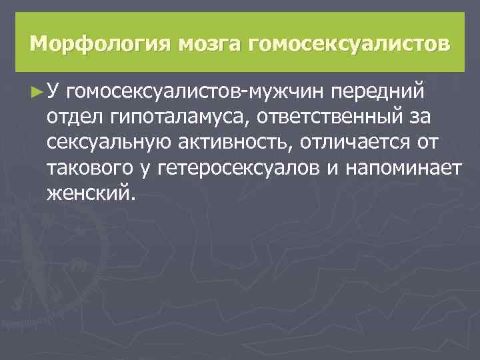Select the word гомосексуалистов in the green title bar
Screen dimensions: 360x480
(349, 45)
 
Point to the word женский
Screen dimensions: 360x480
(90, 194)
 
